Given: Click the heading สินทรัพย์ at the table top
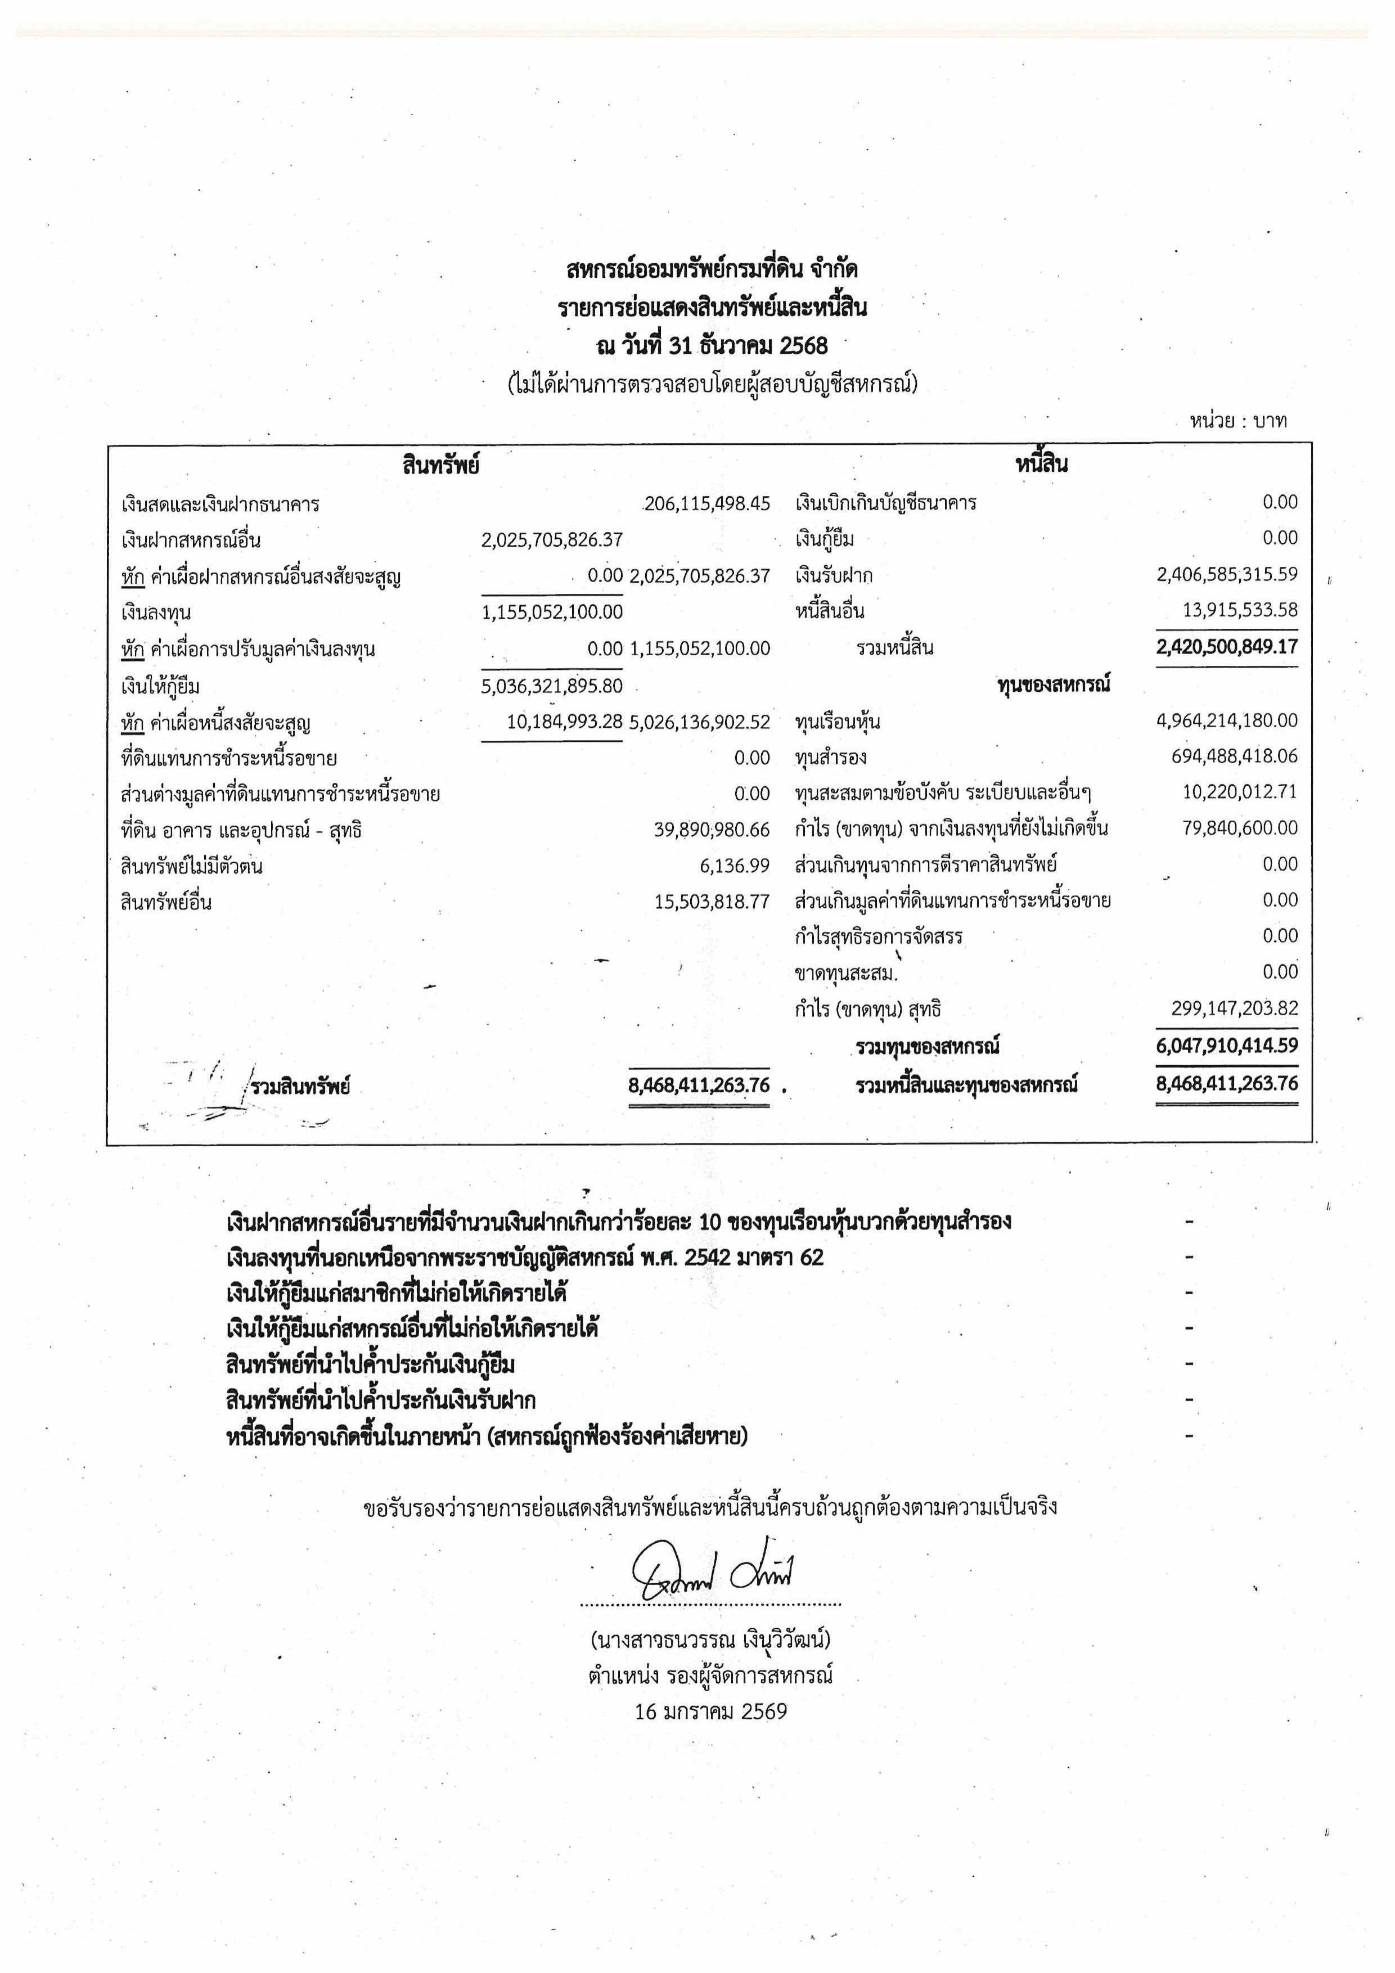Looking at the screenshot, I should point(440,465).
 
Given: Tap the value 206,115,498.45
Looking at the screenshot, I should point(706,503).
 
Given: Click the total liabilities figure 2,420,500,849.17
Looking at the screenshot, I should point(1227,647).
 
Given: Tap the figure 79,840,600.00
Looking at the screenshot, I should point(1239,828).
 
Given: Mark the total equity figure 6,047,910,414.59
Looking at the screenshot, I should point(1227,1046).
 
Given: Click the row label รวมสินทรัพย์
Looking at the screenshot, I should point(300,1087).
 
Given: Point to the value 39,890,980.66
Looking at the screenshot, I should point(712,830).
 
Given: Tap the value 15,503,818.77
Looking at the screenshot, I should point(712,902).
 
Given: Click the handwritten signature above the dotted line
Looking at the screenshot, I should point(712,1574).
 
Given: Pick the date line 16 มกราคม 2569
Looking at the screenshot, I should point(711,1712).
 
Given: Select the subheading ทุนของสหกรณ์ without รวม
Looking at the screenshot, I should point(1054,685).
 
